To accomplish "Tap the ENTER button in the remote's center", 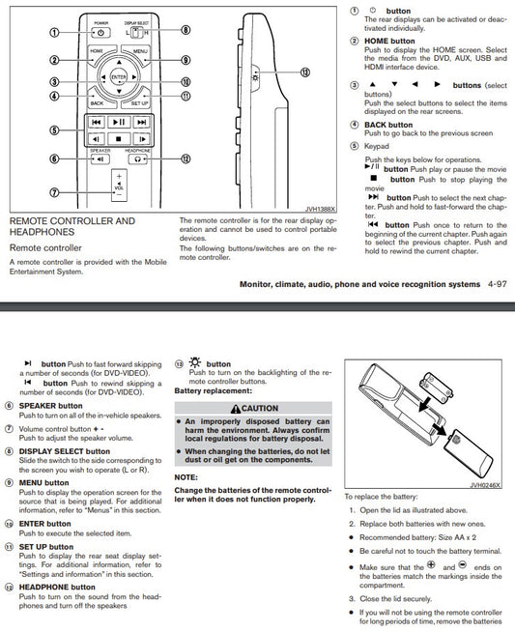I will (x=118, y=76).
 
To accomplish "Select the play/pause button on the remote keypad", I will (x=118, y=123).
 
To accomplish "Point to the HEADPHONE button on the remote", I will (x=136, y=159).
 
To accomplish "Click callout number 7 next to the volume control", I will (x=54, y=191).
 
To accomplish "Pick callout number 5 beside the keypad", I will (x=54, y=130).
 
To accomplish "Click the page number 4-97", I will (x=492, y=284).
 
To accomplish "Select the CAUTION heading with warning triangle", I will (x=253, y=408).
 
